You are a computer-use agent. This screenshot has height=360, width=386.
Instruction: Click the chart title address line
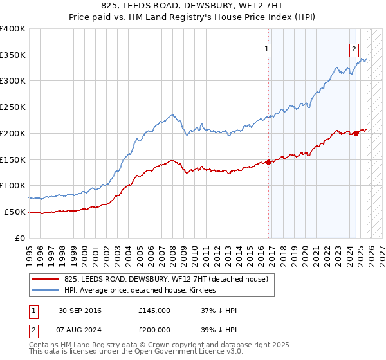(193, 6)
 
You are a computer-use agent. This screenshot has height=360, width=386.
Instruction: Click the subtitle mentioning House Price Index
(193, 17)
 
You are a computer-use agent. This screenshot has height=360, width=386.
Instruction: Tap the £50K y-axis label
(15, 212)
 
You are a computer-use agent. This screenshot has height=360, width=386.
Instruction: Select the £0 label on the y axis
(21, 238)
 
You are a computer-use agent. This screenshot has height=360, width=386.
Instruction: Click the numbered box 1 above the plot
(266, 48)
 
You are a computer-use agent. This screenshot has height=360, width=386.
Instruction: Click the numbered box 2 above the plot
(354, 48)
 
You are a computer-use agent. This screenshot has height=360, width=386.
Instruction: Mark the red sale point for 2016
(269, 162)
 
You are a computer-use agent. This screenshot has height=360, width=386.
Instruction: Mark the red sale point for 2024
(356, 133)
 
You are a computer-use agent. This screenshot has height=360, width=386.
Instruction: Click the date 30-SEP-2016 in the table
(80, 310)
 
